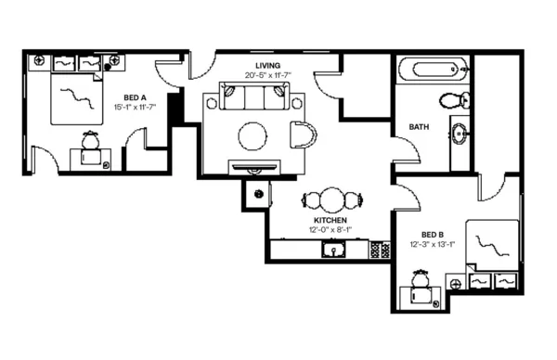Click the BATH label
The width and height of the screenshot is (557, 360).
[419, 127]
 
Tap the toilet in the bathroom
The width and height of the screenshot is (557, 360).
[452, 100]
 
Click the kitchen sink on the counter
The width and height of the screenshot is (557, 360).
[333, 249]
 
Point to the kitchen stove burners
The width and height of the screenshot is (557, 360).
[380, 249]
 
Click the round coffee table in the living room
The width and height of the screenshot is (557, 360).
[254, 135]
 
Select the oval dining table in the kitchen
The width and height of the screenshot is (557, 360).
[331, 199]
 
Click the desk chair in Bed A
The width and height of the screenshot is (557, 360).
[91, 141]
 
